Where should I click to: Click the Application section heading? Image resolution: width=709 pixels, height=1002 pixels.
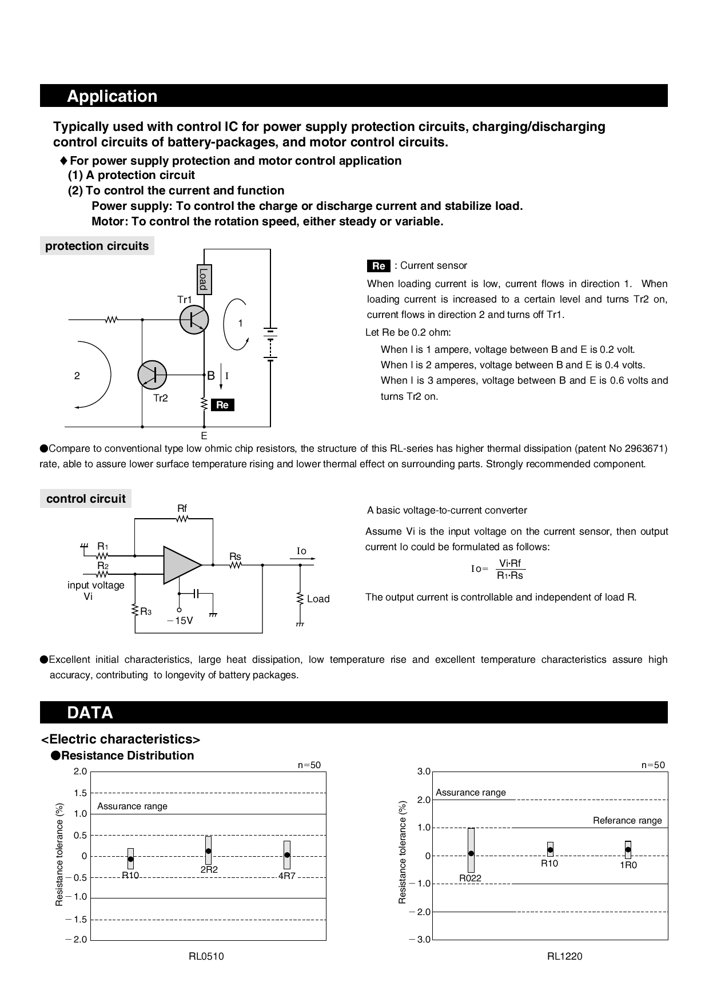pyautogui.click(x=112, y=96)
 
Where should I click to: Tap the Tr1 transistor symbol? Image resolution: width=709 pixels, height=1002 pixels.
pyautogui.click(x=194, y=320)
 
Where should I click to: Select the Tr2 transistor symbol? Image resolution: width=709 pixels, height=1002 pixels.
pyautogui.click(x=152, y=375)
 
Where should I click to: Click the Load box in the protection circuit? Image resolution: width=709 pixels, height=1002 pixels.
pyautogui.click(x=204, y=280)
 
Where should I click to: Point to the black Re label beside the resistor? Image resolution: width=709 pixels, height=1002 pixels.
pyautogui.click(x=222, y=405)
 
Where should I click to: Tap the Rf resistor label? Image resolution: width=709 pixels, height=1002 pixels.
pyautogui.click(x=182, y=508)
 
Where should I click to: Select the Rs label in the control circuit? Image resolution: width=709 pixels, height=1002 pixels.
pyautogui.click(x=235, y=556)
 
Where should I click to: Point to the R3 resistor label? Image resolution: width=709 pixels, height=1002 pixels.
pyautogui.click(x=146, y=612)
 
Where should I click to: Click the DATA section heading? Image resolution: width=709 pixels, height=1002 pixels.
pyautogui.click(x=90, y=713)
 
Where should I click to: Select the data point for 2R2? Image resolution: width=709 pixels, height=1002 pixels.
pyautogui.click(x=208, y=851)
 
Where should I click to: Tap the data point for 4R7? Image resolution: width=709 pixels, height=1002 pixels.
pyautogui.click(x=287, y=855)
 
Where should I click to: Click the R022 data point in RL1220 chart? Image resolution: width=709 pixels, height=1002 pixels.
pyautogui.click(x=471, y=853)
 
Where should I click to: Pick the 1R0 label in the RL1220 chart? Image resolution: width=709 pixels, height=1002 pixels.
pyautogui.click(x=628, y=865)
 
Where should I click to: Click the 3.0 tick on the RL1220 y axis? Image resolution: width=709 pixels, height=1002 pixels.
pyautogui.click(x=424, y=772)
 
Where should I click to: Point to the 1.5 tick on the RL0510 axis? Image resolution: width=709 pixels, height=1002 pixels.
pyautogui.click(x=80, y=793)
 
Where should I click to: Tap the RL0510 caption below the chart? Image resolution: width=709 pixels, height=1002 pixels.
pyautogui.click(x=206, y=956)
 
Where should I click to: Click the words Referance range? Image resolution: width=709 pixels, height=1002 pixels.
pyautogui.click(x=627, y=821)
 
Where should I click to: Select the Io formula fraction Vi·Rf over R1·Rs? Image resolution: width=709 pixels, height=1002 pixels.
pyautogui.click(x=510, y=570)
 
